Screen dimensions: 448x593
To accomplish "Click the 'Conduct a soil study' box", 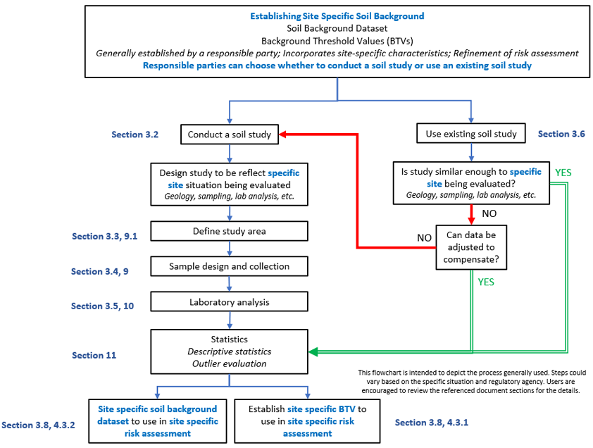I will click(230, 134).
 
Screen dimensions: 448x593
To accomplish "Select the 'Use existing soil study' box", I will click(471, 134).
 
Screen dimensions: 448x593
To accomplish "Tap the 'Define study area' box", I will click(230, 231).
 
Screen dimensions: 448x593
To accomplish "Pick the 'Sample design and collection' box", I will click(230, 266).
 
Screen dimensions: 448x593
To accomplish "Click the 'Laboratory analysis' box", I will click(230, 301).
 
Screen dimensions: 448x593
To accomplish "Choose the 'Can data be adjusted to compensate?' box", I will click(472, 248).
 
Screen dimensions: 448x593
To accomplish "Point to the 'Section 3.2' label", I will click(135, 134).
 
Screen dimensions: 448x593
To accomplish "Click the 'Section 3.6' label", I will click(561, 134).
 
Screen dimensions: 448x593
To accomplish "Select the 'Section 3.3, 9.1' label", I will click(104, 237).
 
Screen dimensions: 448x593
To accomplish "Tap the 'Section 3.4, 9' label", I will click(99, 271).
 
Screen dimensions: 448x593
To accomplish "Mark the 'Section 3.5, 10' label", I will click(103, 306).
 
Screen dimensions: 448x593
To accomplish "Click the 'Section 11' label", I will click(94, 355).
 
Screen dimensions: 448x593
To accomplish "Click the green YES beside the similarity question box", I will click(564, 172).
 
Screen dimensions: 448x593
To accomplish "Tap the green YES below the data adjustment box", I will click(487, 282).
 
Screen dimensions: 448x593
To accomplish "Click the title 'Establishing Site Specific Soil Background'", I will click(337, 15).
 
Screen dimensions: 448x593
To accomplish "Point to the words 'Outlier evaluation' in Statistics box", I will click(230, 363).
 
